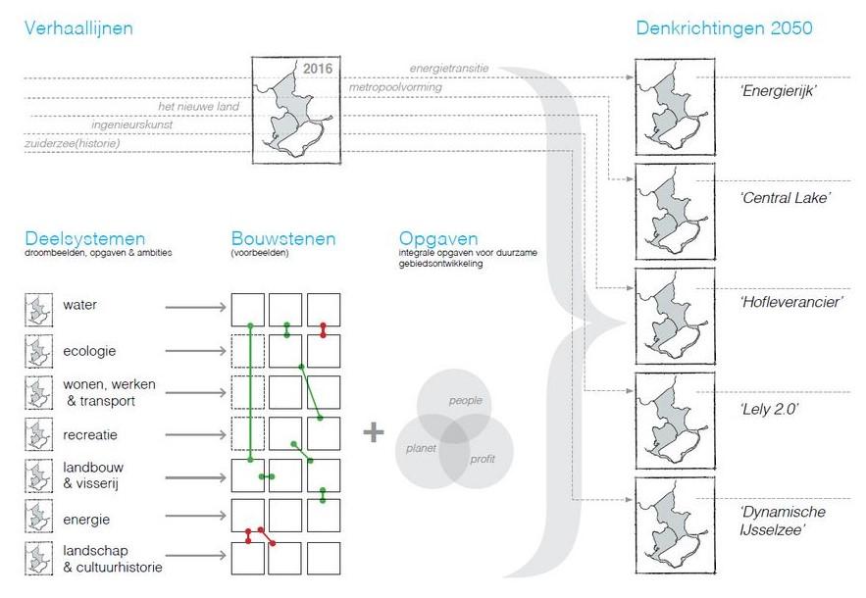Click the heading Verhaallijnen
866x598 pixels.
coord(78,28)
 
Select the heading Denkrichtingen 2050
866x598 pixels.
coord(725,28)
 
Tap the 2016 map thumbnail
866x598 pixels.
coord(292,109)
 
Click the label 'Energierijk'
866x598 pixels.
coord(780,91)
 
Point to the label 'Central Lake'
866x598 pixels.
coord(786,198)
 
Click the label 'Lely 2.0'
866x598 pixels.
coord(771,408)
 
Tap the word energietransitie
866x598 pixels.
coord(449,69)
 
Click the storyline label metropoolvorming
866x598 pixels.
coord(395,87)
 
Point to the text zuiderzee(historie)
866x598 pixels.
coord(73,144)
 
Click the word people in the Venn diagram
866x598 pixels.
coord(466,401)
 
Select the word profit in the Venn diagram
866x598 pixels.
coord(483,460)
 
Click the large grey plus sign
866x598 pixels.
coord(374,432)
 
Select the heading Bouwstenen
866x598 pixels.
coord(283,239)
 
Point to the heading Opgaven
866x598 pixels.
coord(438,239)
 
